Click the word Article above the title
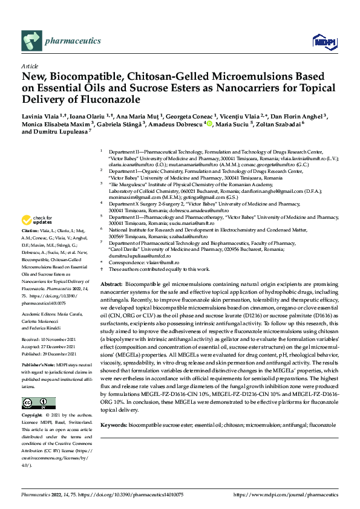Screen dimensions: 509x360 [x=30, y=66]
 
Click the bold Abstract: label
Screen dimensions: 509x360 [x=111, y=284]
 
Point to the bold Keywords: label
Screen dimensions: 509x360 [x=113, y=425]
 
